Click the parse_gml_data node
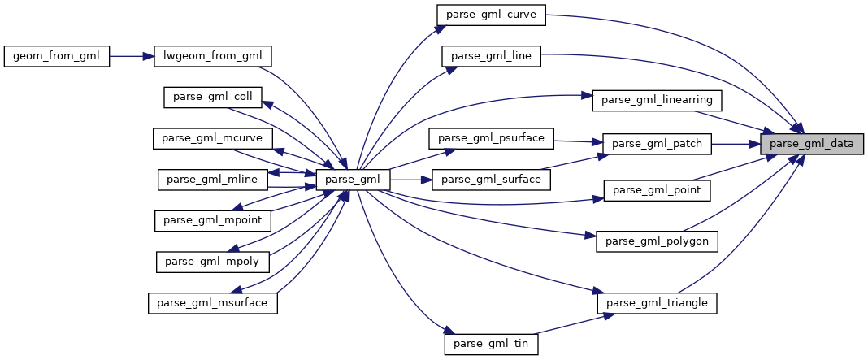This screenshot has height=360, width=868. pyautogui.click(x=811, y=145)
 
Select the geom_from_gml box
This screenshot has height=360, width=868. pyautogui.click(x=56, y=56)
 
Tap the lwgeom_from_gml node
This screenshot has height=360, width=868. pyautogui.click(x=213, y=56)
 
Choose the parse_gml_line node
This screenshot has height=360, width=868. pyautogui.click(x=491, y=56)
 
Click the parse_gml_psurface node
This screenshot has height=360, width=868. pyautogui.click(x=491, y=137)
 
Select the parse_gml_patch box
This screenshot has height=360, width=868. pyautogui.click(x=656, y=145)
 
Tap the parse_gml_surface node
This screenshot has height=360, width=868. pyautogui.click(x=492, y=179)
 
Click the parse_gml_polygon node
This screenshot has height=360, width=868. pyautogui.click(x=657, y=241)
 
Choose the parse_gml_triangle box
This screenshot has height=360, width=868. pyautogui.click(x=658, y=303)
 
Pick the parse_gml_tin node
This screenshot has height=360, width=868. pyautogui.click(x=491, y=344)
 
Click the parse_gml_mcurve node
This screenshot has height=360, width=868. pyautogui.click(x=212, y=138)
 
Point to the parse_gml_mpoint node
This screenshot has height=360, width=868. pyautogui.click(x=212, y=220)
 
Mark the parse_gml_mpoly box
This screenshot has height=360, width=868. pyautogui.click(x=212, y=262)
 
